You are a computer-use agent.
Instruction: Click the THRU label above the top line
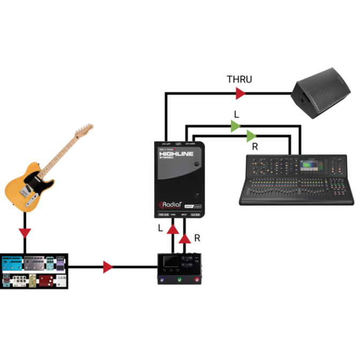pos(239,80)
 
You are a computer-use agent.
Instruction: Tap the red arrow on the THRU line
pos(241,94)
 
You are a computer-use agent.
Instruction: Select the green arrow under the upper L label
pos(235,126)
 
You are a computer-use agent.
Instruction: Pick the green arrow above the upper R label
pos(251,136)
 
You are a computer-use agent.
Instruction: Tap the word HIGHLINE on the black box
pos(175,154)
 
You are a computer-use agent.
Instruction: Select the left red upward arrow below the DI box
pos(173,230)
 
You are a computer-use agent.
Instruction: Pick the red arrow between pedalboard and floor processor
pos(108,267)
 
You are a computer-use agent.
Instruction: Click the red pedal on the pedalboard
pos(47,281)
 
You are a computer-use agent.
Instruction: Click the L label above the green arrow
pos(236,114)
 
